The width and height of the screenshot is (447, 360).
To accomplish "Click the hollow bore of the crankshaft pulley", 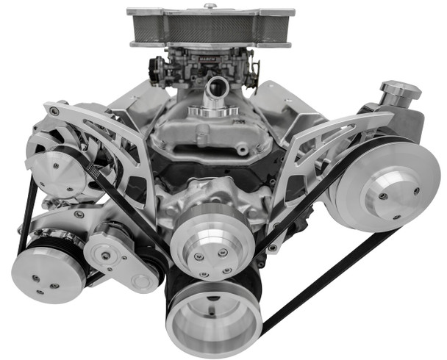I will tap(214, 320).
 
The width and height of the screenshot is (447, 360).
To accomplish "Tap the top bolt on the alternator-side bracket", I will tap(54, 112).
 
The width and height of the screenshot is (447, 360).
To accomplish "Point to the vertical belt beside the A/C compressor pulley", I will tap(26, 213).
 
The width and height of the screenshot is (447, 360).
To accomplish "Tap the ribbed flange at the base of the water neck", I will tap(213, 112).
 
